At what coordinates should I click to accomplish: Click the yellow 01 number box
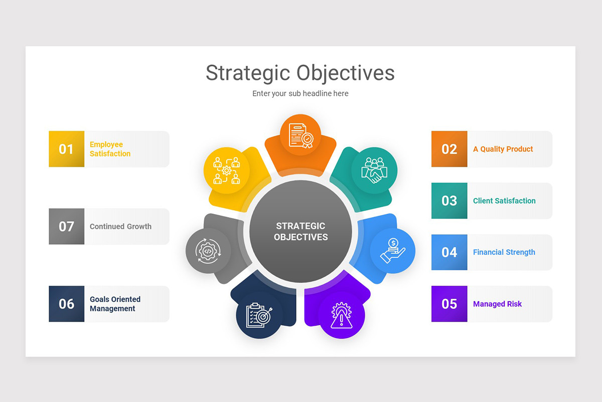click(66, 149)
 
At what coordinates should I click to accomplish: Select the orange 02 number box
click(449, 149)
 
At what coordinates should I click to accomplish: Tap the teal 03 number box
click(449, 200)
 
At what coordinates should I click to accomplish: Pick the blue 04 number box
click(449, 252)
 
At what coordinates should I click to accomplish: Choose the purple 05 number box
click(449, 304)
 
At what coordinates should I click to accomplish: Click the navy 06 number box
click(66, 304)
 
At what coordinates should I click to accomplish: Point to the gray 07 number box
click(66, 227)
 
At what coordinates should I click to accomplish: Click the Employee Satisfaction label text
click(110, 149)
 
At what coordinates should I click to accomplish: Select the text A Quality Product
click(503, 149)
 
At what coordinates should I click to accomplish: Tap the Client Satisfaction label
click(504, 201)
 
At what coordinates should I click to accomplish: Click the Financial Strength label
click(504, 252)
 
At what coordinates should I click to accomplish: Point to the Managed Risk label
click(497, 304)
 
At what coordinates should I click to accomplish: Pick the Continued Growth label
click(120, 227)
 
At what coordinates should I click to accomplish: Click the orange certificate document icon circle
click(300, 135)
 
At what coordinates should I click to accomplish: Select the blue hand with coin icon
click(392, 251)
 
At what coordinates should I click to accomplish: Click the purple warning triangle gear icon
click(342, 316)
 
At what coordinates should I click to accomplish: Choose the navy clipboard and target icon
click(259, 316)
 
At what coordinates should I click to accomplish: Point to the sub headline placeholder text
click(300, 93)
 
